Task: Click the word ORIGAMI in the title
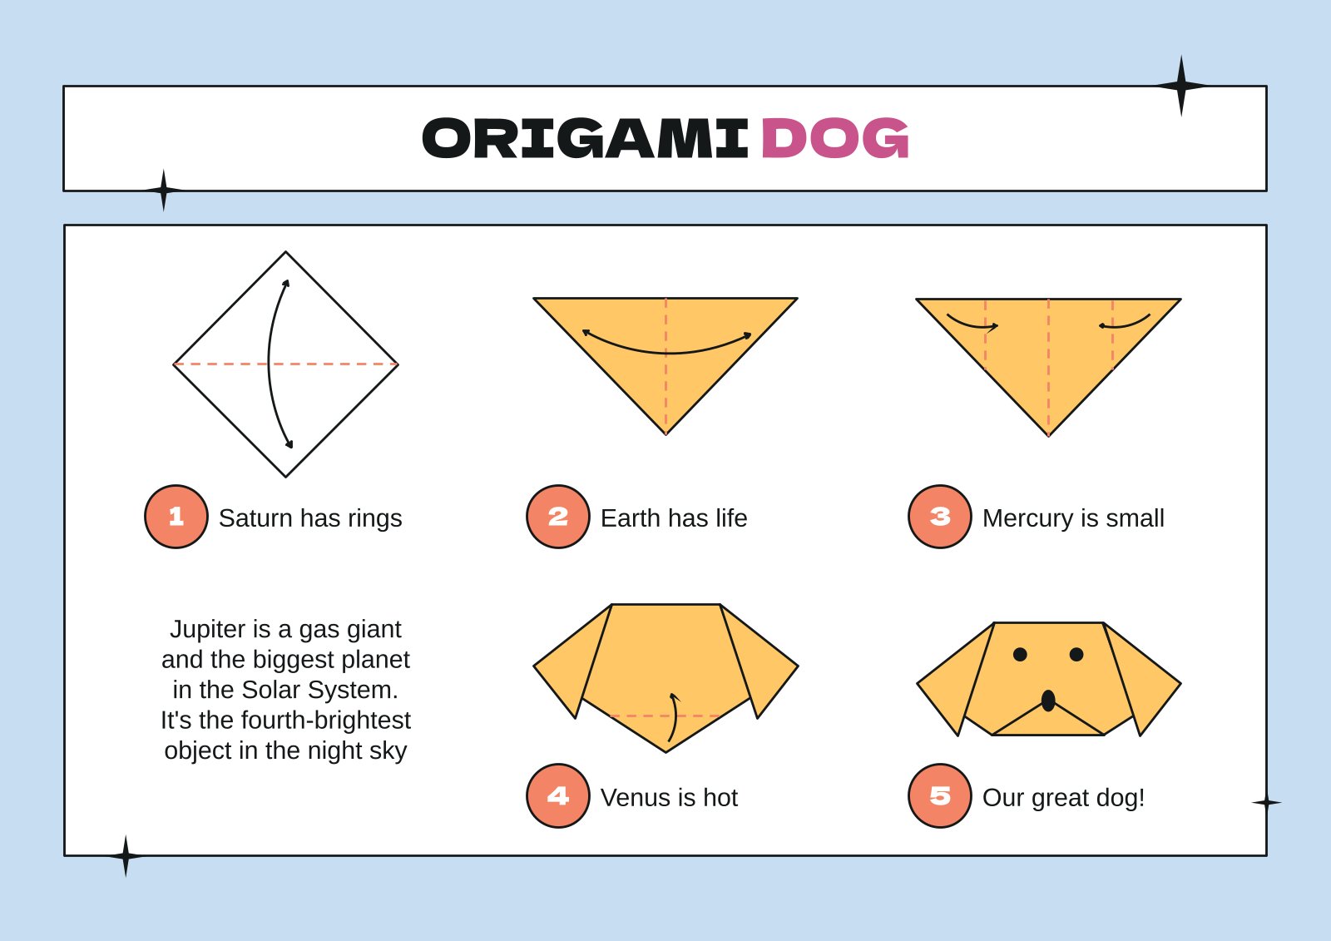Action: [x=585, y=138]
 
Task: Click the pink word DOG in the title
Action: [x=834, y=138]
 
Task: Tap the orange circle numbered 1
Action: [x=176, y=517]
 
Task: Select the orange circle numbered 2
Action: [x=557, y=517]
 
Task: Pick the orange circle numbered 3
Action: [x=939, y=517]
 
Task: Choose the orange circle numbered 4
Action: [x=557, y=796]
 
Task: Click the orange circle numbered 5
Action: [x=939, y=796]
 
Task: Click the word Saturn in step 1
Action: [x=255, y=518]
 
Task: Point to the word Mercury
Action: [x=1027, y=518]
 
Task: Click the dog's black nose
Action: [x=1048, y=701]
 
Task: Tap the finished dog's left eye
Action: [x=1020, y=655]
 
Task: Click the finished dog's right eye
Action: [x=1076, y=655]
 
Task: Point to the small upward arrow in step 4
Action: [x=674, y=716]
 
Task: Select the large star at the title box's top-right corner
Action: [x=1180, y=86]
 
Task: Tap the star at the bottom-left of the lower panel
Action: [x=126, y=856]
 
